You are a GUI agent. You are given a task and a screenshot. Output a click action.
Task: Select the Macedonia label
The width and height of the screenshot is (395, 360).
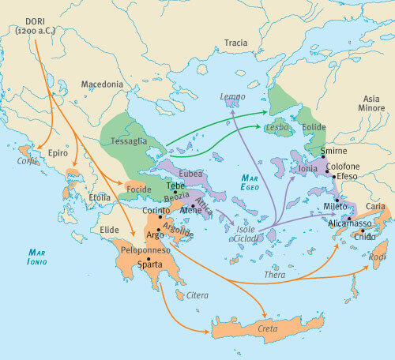[x=104, y=84]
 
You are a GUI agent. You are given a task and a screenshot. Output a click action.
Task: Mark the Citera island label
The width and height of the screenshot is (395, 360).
[x=197, y=295]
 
